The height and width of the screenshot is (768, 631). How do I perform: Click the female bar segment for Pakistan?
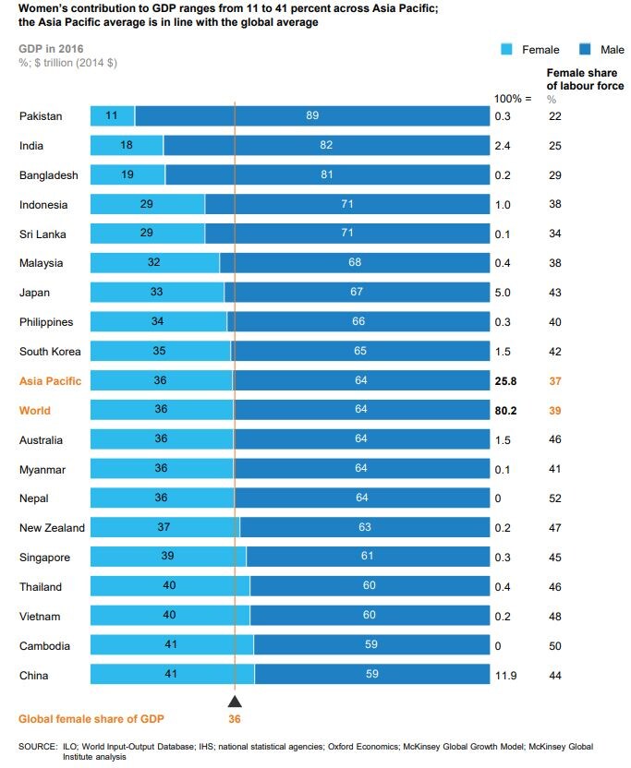coord(112,116)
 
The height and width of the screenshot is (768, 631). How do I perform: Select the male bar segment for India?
coord(326,146)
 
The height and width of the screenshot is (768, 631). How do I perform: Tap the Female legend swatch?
coord(506,50)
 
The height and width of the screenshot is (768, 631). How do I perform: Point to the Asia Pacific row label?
coord(50,381)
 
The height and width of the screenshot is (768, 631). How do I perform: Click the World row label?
coord(35,411)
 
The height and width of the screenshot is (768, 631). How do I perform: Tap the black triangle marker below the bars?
coord(235,702)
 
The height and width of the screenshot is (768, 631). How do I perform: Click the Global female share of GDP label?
coord(92,719)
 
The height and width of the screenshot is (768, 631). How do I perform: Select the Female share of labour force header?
coord(584,79)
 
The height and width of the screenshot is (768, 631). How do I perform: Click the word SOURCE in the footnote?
coord(38,746)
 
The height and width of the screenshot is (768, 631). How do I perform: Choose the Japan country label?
coord(34,293)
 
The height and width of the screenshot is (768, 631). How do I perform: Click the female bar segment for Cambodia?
coord(172,646)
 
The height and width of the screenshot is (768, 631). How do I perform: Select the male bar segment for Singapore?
coord(368,558)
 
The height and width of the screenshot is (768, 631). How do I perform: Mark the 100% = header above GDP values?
coord(513,97)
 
